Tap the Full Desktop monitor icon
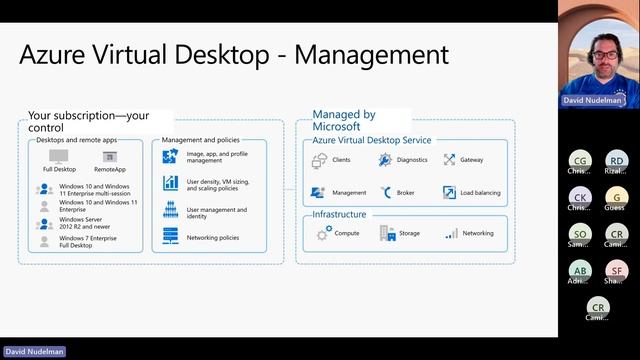(x=59, y=156)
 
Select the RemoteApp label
(x=109, y=169)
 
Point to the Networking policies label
(x=212, y=239)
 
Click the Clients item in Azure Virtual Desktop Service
(x=341, y=160)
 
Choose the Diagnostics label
(x=411, y=160)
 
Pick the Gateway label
(x=471, y=160)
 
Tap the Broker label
(x=405, y=192)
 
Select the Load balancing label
(x=481, y=192)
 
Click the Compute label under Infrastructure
(x=347, y=233)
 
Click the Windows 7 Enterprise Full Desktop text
(x=87, y=242)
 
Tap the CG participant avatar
(x=579, y=161)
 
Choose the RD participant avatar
(x=617, y=161)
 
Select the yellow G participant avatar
(x=617, y=197)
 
